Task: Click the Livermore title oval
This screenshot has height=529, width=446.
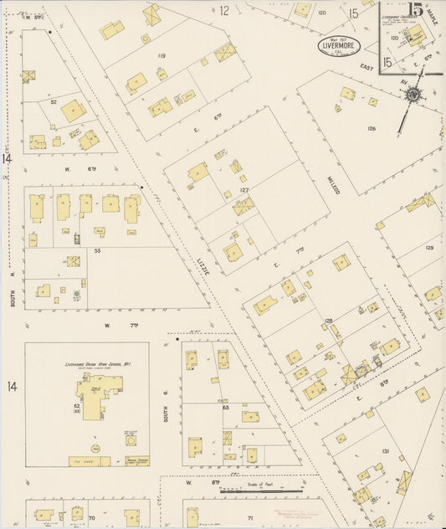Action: tap(340, 46)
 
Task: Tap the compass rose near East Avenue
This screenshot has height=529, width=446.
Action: tap(413, 95)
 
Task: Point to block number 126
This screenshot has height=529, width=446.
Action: tap(371, 129)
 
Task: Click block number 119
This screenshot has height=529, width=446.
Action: tap(161, 57)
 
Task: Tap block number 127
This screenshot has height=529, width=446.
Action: tap(245, 191)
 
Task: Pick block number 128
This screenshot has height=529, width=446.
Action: tap(329, 321)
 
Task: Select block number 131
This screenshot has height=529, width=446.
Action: tap(386, 451)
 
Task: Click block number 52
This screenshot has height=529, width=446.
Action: tap(53, 102)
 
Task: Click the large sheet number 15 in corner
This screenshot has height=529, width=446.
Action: tap(415, 12)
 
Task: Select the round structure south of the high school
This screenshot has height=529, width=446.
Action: tap(131, 439)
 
